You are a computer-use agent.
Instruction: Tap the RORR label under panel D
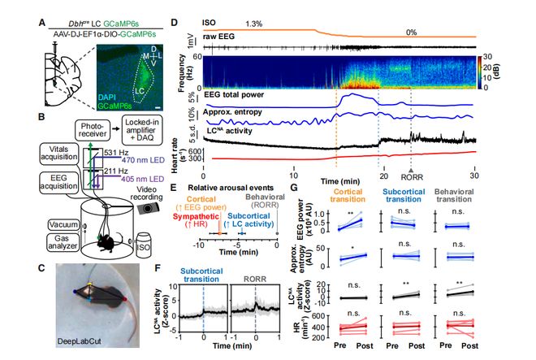(411, 173)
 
